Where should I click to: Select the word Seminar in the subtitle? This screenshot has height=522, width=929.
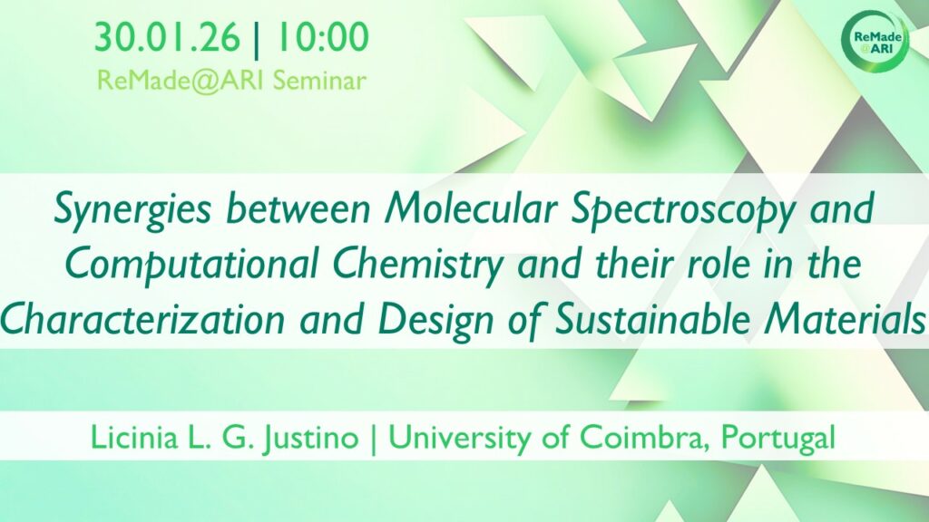pos(319,81)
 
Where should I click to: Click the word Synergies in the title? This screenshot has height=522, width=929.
pos(132,209)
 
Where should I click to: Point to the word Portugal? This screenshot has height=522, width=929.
pos(777,439)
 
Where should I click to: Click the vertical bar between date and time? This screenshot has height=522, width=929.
pos(257,39)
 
